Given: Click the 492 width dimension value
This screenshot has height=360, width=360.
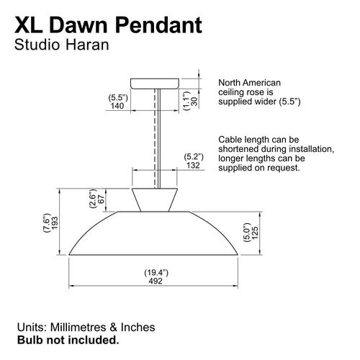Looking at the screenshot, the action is [156, 281].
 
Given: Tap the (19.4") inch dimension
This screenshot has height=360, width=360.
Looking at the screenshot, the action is [156, 273].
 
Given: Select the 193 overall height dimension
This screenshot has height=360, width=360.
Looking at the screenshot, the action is [55, 223].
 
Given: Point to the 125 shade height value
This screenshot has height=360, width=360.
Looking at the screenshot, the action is [255, 233].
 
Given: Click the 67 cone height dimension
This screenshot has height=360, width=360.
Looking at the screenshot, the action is [102, 199].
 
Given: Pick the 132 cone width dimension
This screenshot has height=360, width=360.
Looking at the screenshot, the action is [193, 166].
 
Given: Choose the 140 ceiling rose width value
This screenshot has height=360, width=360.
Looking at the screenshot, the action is [117, 106].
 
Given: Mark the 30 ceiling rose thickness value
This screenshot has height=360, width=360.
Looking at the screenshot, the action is [194, 102].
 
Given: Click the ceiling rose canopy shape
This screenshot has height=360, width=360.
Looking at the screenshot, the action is [155, 84].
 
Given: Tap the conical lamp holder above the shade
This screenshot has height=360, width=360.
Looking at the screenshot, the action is [155, 199].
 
